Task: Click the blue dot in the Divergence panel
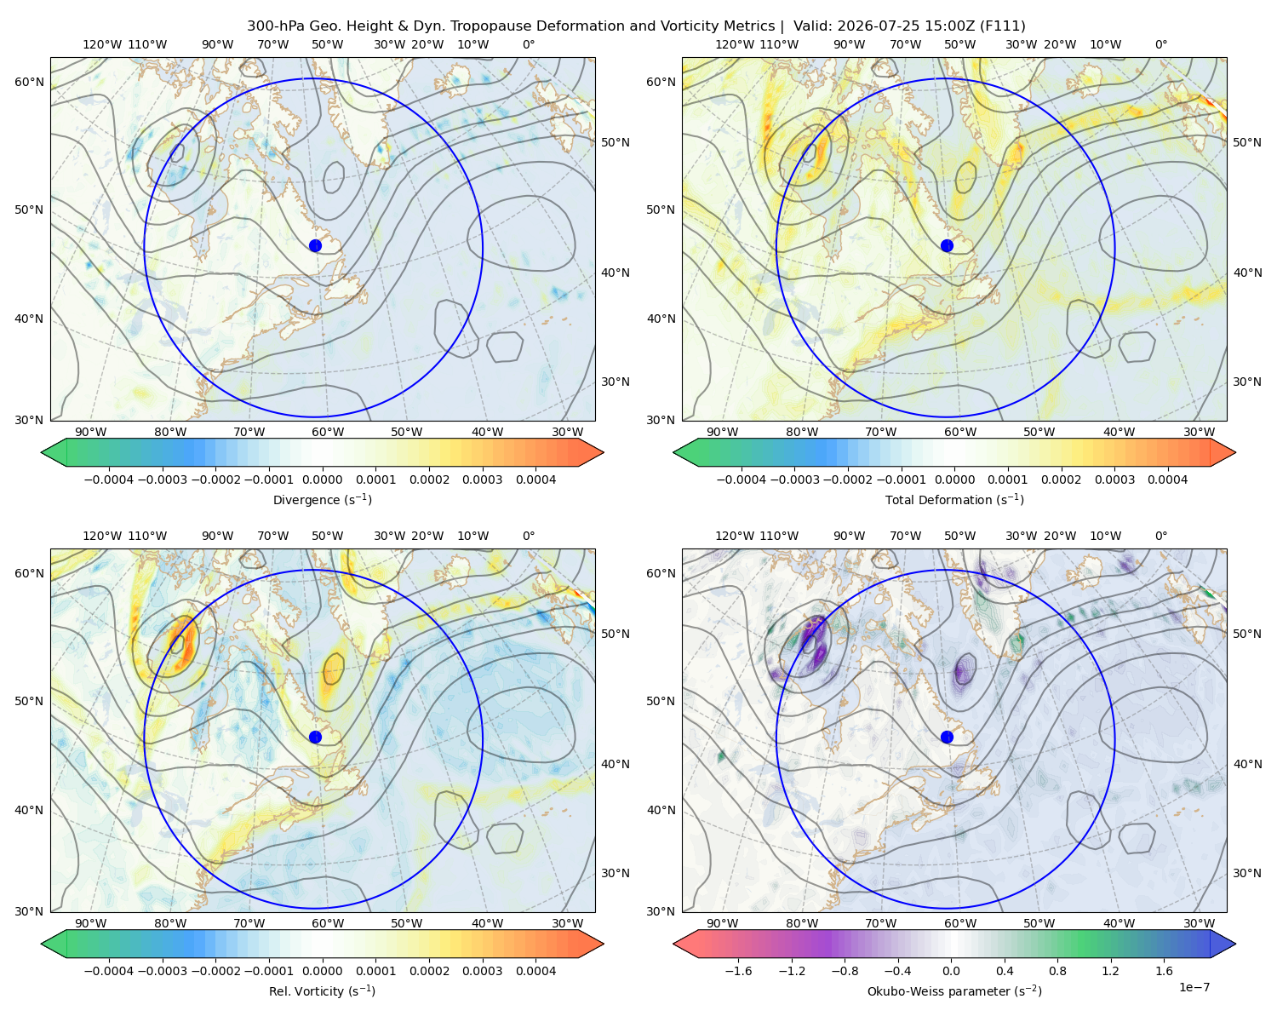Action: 315,245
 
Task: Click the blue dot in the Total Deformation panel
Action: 947,245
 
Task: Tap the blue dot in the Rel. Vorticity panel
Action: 315,737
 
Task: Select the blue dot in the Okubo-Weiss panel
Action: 947,737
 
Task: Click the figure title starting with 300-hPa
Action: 636,26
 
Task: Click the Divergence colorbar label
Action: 322,499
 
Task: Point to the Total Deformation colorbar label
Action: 954,499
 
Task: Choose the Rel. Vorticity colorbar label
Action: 322,990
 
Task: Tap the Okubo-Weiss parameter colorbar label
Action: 954,990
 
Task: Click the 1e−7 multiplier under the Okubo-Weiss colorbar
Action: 1194,987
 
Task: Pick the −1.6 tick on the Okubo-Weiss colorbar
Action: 738,971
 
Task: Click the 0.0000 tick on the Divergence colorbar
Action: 322,479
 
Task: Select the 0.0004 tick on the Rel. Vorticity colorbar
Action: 535,971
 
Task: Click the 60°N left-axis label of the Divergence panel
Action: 29,82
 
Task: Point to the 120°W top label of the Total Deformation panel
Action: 734,44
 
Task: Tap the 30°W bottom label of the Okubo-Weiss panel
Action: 1199,923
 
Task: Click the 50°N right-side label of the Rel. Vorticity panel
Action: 616,634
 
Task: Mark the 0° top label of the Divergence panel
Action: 529,44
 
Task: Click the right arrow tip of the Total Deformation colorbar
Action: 1235,452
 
